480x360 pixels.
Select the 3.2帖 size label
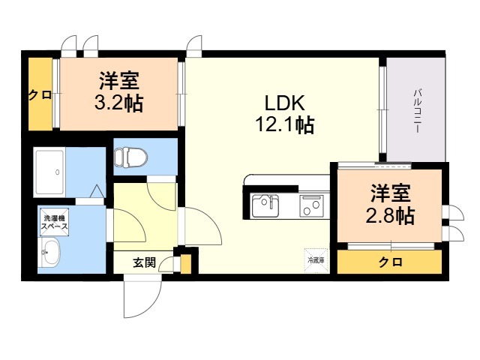(x=118, y=102)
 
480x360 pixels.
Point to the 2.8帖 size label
(x=390, y=216)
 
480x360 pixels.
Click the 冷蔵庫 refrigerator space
(x=316, y=259)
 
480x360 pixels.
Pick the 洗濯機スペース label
(x=54, y=223)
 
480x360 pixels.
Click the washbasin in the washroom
(x=50, y=253)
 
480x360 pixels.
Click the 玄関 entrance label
(x=144, y=262)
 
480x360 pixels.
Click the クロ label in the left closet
(x=35, y=95)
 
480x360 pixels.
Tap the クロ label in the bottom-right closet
(x=388, y=262)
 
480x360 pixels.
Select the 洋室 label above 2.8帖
(x=390, y=194)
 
